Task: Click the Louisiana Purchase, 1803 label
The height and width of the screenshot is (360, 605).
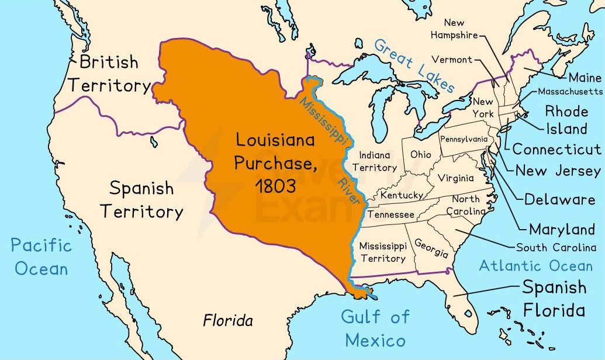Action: [x=275, y=163]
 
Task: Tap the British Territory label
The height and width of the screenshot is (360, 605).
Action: [x=109, y=74]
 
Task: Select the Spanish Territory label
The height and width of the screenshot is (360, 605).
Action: [x=141, y=200]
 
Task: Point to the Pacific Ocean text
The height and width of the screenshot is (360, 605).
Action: [x=42, y=257]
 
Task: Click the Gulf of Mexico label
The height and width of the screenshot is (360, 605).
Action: [x=375, y=328]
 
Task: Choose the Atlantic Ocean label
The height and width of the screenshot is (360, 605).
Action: [x=535, y=266]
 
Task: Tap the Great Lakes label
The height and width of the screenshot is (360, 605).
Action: [x=414, y=65]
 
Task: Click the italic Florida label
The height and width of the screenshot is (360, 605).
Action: [x=228, y=321]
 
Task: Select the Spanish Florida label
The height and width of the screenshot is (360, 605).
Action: [x=554, y=298]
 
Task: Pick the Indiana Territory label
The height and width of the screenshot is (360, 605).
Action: [x=378, y=162]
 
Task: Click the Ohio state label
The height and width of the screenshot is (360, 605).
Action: [x=421, y=155]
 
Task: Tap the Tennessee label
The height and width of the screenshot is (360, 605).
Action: [x=390, y=215]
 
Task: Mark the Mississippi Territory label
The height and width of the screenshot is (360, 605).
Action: [x=382, y=252]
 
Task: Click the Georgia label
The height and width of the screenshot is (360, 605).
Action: [x=431, y=248]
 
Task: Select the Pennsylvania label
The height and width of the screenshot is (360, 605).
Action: [x=464, y=140]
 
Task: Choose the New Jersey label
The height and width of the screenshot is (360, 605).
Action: [x=557, y=171]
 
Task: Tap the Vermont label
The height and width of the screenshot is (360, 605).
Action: [x=451, y=60]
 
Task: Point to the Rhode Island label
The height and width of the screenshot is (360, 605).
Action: [x=566, y=120]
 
